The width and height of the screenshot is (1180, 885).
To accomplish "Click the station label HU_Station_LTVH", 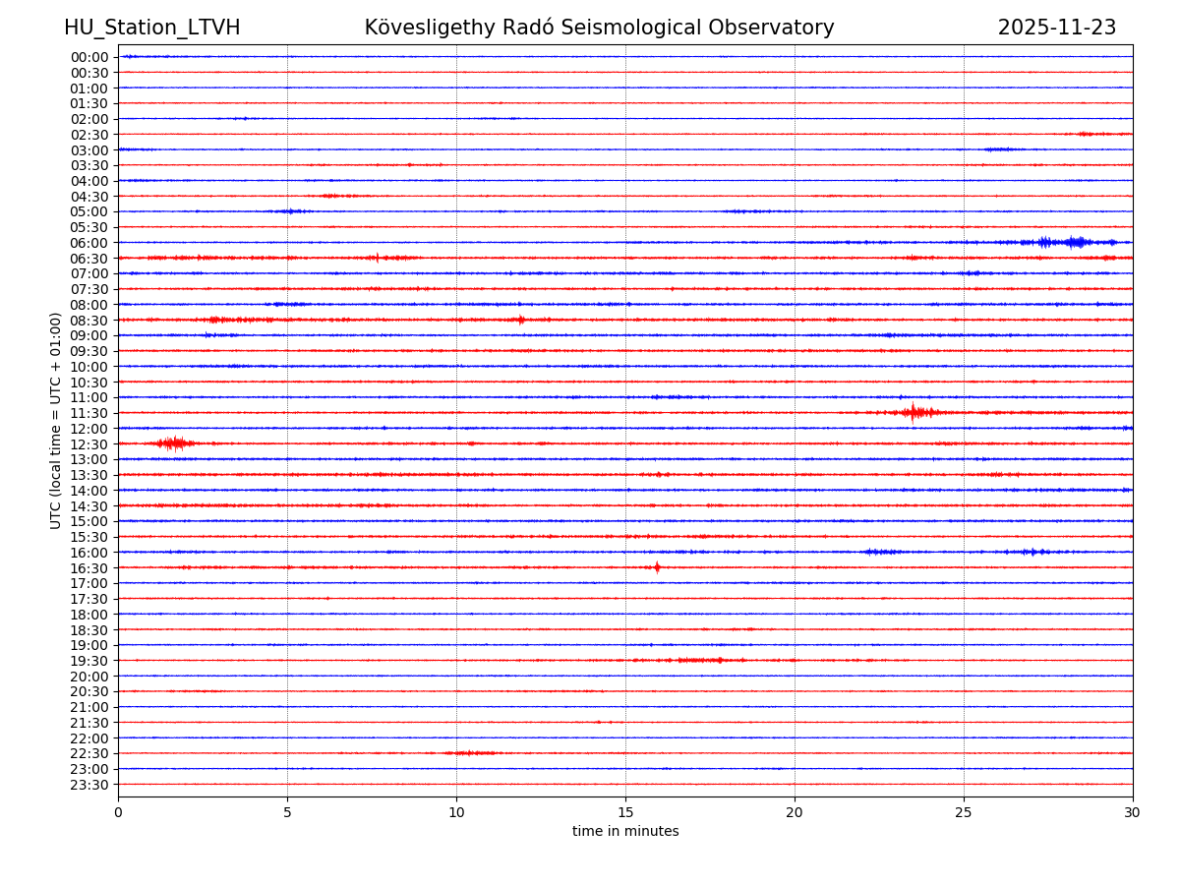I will coord(151,28).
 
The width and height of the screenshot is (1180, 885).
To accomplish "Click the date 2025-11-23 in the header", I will coord(1056,28).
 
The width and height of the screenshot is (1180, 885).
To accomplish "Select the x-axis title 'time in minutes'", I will coord(625,832).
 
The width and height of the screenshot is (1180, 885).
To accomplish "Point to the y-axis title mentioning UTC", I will coord(56,420).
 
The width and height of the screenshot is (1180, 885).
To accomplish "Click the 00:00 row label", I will coord(89,57).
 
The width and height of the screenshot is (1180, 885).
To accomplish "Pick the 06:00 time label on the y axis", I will coord(89,243).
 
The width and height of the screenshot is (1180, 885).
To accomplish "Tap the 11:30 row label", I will coord(89,413).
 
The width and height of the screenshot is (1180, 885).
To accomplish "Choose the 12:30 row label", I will coord(89,444).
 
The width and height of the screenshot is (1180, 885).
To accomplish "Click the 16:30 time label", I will coord(89,568).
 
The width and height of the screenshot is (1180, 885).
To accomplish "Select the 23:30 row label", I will coord(89,785).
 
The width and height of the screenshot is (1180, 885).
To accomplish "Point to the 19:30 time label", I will coord(89,661).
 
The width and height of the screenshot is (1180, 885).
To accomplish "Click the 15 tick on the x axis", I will coord(625,813).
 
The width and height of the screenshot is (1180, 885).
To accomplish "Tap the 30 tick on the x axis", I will coord(1133,813).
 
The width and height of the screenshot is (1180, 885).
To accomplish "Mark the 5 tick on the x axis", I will coord(287,813).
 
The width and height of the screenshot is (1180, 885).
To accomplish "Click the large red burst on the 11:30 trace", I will coord(914,412).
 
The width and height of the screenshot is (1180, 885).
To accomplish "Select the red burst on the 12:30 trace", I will coord(173,443).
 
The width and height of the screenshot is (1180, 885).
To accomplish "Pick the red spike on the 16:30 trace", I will coord(657,567).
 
